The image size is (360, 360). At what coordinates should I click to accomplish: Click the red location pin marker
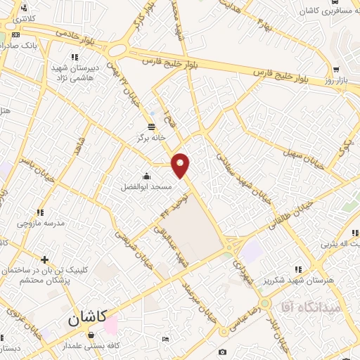coord(181,165)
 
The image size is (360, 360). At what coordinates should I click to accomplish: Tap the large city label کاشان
coord(87,318)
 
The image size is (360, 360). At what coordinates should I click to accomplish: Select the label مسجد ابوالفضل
coord(145,188)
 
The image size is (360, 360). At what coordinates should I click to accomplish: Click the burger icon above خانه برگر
coord(152,126)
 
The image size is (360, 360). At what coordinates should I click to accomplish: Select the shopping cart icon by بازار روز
coord(336,70)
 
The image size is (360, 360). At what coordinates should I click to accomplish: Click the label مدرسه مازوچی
coord(41,222)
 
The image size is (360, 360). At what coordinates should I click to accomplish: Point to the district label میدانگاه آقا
coord(310,307)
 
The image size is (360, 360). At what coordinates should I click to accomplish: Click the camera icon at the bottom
coord(223,352)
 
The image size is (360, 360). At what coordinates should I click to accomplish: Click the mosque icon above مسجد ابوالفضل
coord(146,176)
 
